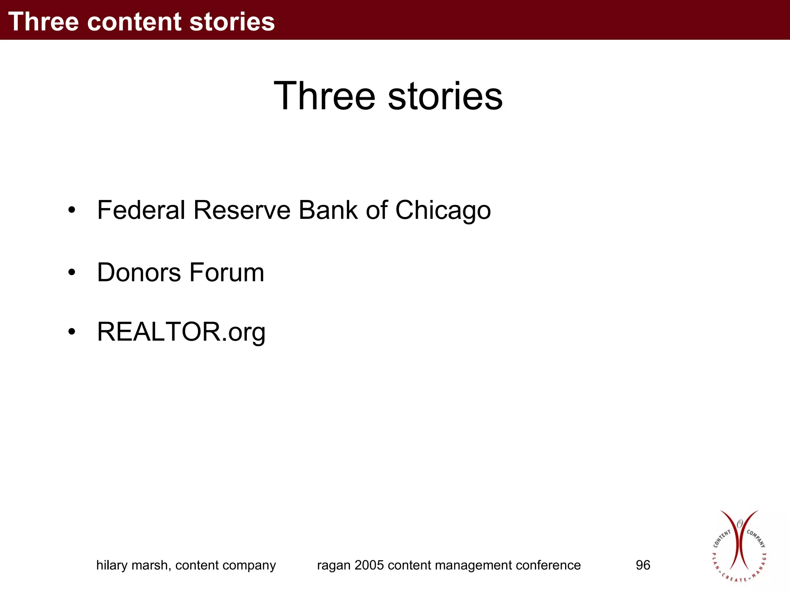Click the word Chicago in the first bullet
point(443,211)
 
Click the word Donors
point(139,273)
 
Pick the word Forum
point(227,273)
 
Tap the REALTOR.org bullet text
point(181,332)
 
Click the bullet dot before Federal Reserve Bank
point(71,210)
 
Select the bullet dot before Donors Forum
point(71,273)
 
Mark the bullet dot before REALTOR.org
point(71,332)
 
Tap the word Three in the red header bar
point(44,22)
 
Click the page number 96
point(643,565)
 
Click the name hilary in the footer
point(111,565)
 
